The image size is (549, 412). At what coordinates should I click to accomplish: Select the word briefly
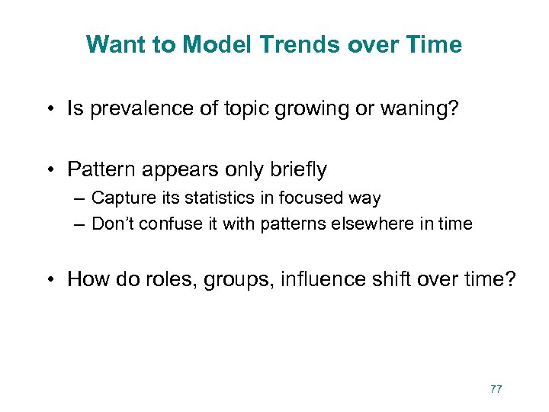pos(297,169)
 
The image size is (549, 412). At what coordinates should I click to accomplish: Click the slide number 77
pos(496,389)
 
